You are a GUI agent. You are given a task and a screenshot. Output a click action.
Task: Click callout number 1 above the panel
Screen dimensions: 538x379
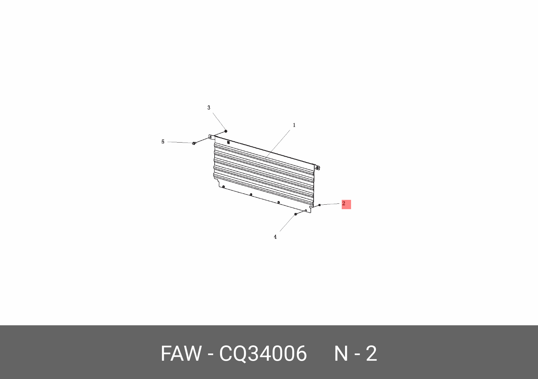(294, 125)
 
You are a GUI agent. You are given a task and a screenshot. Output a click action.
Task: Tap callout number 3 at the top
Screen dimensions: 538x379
(209, 108)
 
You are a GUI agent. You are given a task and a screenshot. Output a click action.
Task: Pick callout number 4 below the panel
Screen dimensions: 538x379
(275, 237)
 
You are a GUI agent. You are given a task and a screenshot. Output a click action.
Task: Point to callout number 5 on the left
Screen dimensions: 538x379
(163, 142)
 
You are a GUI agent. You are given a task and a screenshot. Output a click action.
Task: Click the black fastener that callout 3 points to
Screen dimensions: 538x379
(226, 131)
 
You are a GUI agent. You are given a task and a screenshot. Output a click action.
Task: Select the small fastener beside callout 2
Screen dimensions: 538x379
(319, 205)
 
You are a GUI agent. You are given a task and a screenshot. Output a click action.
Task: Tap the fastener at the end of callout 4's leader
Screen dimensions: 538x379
(295, 214)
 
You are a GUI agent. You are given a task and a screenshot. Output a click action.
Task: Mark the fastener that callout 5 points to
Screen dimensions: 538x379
(194, 143)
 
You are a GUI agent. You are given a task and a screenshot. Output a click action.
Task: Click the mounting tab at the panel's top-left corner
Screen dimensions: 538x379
(211, 137)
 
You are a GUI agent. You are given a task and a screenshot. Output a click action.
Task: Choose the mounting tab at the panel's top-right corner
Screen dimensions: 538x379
(317, 168)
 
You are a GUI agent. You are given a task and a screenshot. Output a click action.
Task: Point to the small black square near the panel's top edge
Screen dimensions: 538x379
(228, 142)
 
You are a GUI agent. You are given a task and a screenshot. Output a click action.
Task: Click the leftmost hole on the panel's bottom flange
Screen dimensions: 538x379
(223, 187)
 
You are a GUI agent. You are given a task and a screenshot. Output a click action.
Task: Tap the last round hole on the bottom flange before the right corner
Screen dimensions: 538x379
(279, 202)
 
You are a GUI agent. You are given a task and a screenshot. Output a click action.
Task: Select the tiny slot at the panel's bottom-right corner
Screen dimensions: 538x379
(306, 210)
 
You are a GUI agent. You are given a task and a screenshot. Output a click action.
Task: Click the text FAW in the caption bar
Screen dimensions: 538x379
(181, 353)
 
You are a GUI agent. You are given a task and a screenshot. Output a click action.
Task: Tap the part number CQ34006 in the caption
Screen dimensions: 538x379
(263, 353)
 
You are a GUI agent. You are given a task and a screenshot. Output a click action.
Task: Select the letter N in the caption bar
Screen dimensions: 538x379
(341, 353)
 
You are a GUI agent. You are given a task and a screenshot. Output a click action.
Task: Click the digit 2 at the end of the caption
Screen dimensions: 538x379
(371, 353)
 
